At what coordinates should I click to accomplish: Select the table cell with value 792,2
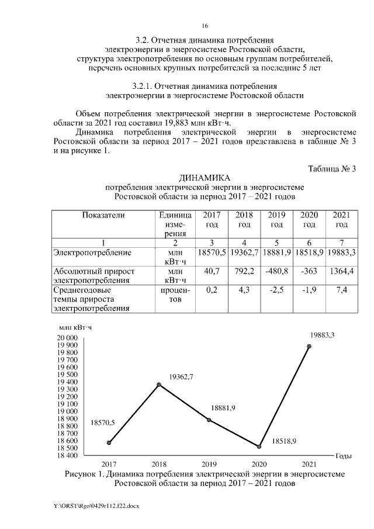coord(244,271)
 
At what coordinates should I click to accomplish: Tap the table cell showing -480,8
coord(276,271)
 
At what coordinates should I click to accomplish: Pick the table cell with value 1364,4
coord(342,271)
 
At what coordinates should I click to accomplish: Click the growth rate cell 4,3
coord(244,289)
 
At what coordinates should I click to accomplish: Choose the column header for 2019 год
coord(276,220)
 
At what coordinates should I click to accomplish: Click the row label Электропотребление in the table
coord(92,253)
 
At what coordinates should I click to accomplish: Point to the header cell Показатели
coord(103,215)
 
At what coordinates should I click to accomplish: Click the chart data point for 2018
coord(159,385)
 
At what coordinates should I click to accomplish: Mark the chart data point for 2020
coord(259,447)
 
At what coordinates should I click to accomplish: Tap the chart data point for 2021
coord(309,346)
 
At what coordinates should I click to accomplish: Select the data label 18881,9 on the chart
coord(222,408)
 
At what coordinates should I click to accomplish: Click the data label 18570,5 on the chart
coord(103,422)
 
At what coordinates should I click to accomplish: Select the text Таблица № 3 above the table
coord(332,169)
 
